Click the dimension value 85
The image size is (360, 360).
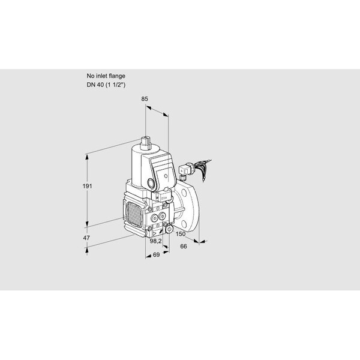click(x=145, y=99)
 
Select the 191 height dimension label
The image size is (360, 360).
click(x=87, y=186)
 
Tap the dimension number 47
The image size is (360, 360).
click(x=86, y=238)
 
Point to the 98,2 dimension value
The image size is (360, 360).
click(x=155, y=241)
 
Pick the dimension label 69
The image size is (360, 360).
click(x=156, y=254)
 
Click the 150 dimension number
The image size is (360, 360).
click(x=181, y=234)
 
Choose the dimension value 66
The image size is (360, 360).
click(x=184, y=246)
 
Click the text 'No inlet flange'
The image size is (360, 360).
click(x=106, y=76)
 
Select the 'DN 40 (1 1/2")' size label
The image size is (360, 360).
click(x=106, y=85)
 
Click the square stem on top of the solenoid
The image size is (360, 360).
click(x=146, y=142)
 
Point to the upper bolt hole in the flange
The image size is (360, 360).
click(x=184, y=193)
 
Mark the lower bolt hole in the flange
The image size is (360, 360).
click(x=185, y=223)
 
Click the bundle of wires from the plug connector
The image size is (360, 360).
click(x=203, y=168)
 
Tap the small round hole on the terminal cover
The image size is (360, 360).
click(x=166, y=176)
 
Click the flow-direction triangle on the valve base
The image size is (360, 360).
click(x=155, y=234)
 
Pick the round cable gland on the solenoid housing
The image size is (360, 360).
click(x=151, y=183)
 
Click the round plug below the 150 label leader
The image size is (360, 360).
click(x=169, y=229)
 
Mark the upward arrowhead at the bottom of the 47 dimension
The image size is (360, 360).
click(x=86, y=250)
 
